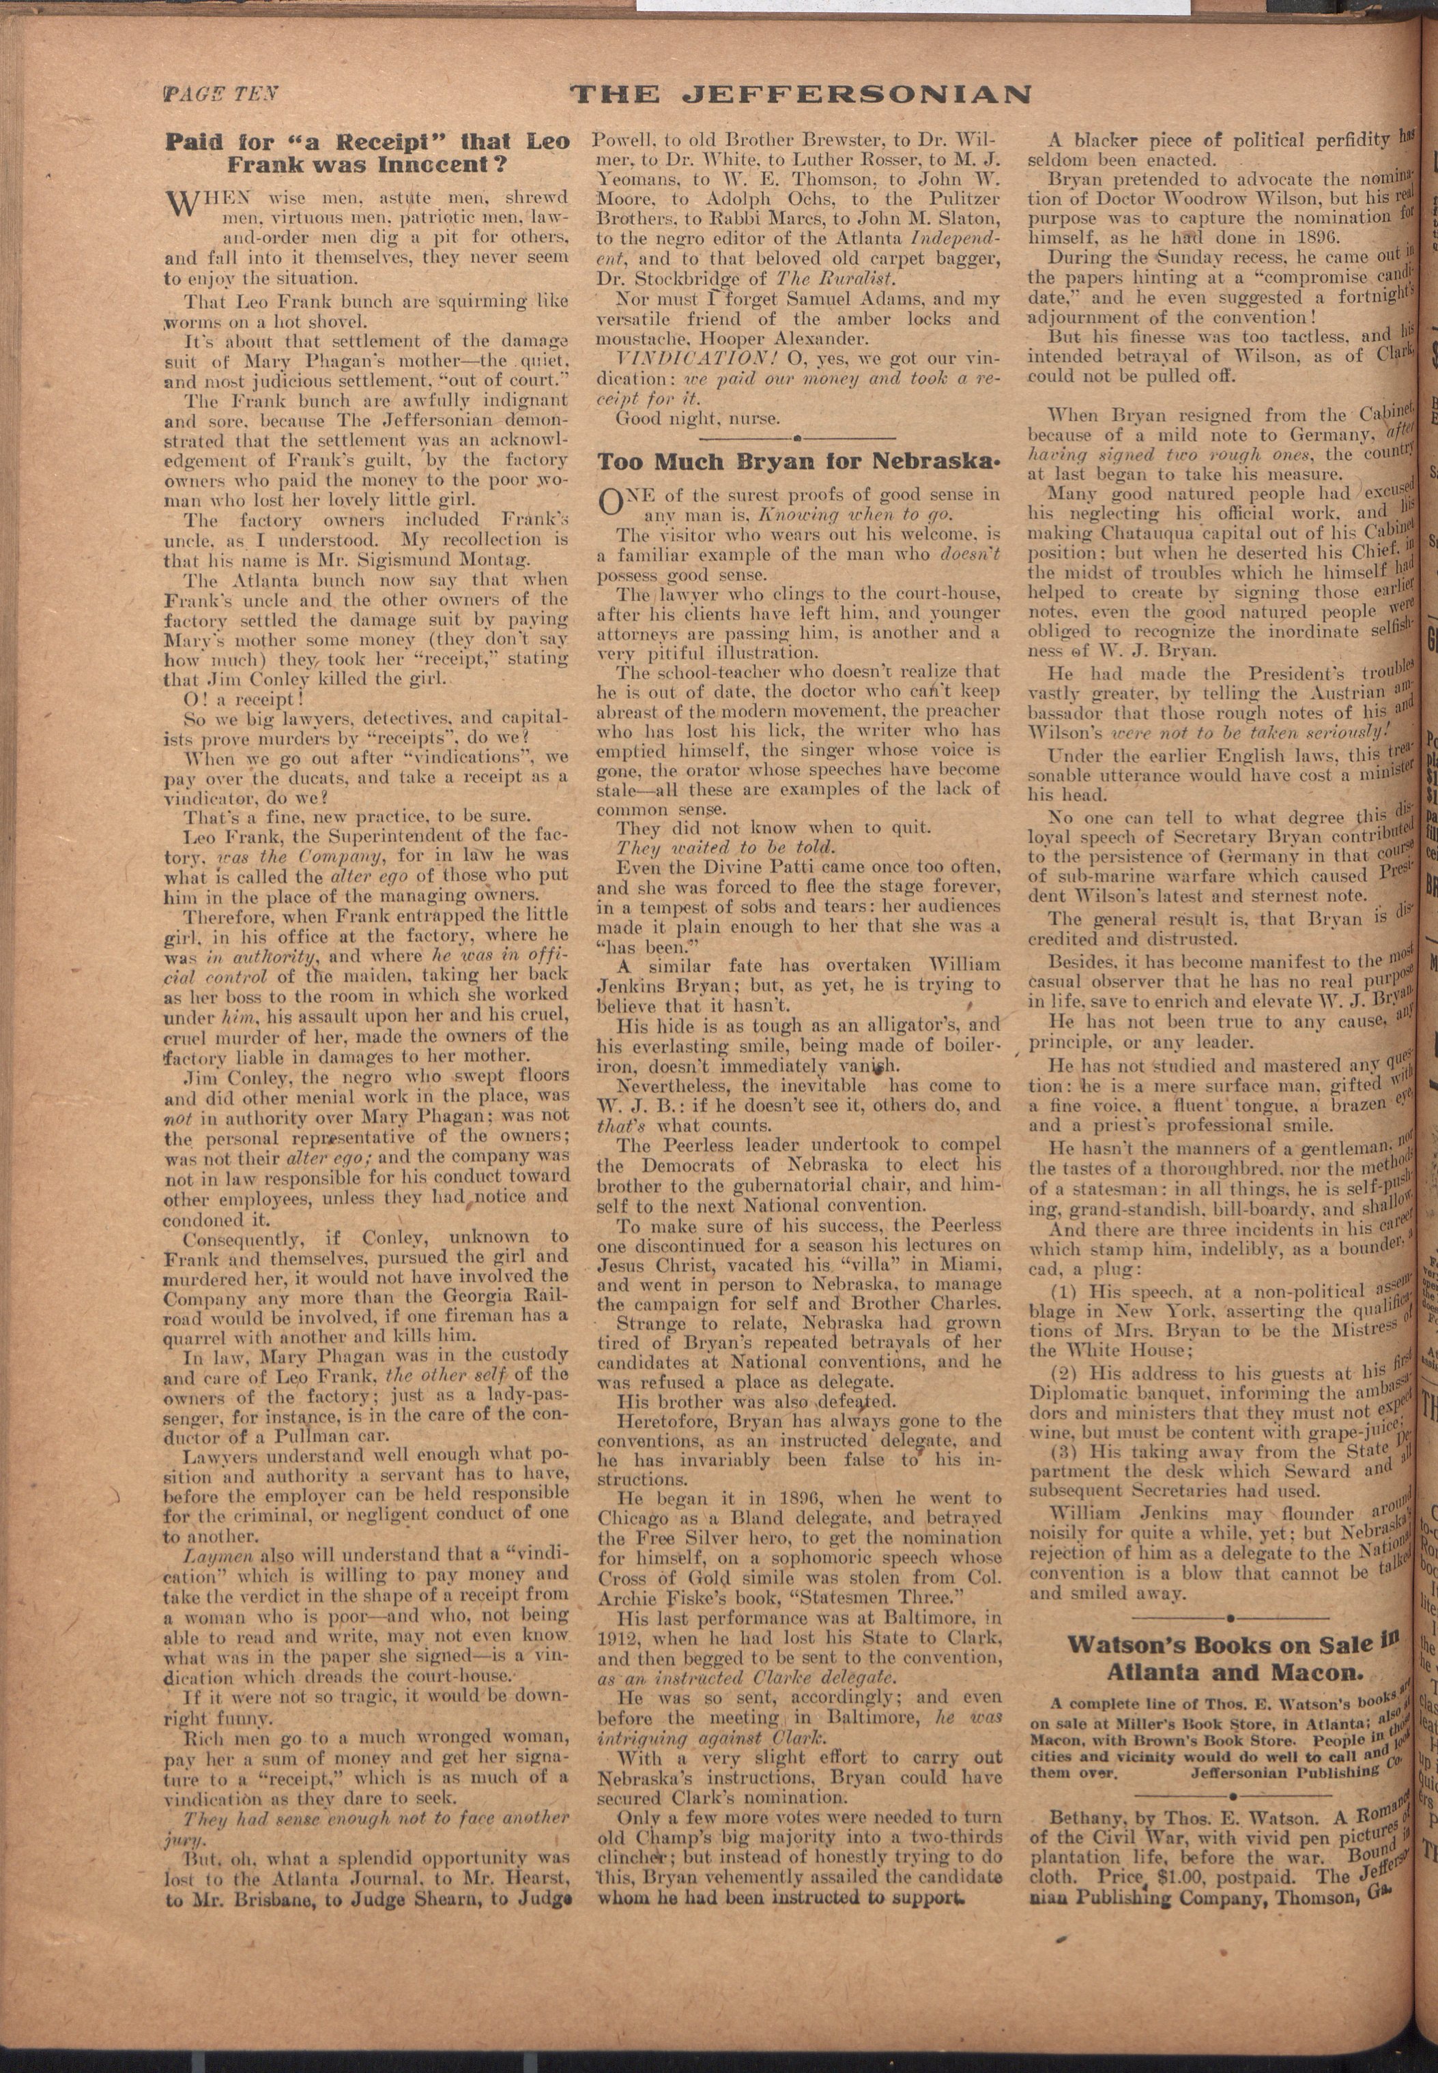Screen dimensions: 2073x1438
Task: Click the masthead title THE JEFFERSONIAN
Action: pyautogui.click(x=801, y=93)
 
